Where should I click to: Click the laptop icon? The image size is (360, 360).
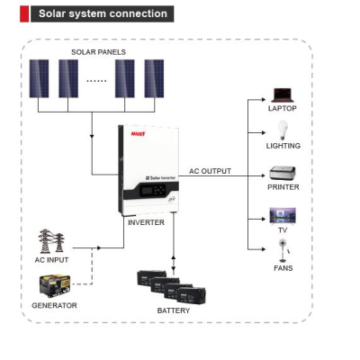click(283, 95)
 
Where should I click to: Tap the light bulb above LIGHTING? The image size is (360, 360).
click(283, 130)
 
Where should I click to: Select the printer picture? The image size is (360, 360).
click(283, 174)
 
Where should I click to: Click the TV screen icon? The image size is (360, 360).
click(283, 216)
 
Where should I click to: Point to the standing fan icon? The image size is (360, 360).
click(283, 250)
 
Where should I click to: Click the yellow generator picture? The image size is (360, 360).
click(55, 285)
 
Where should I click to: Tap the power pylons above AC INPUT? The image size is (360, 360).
click(51, 241)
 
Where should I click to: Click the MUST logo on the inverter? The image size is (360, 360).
click(138, 134)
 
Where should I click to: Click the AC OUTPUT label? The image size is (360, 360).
click(210, 171)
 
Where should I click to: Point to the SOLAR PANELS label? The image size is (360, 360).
click(98, 52)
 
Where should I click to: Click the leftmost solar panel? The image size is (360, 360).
click(39, 78)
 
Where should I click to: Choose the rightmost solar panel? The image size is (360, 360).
click(154, 78)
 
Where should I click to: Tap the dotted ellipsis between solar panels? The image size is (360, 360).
click(96, 81)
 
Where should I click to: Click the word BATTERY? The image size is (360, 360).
click(174, 310)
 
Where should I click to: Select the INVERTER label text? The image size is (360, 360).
click(146, 222)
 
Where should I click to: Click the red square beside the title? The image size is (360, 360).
click(24, 13)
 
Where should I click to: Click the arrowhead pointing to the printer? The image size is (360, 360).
click(264, 175)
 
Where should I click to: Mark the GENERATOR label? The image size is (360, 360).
click(54, 305)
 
